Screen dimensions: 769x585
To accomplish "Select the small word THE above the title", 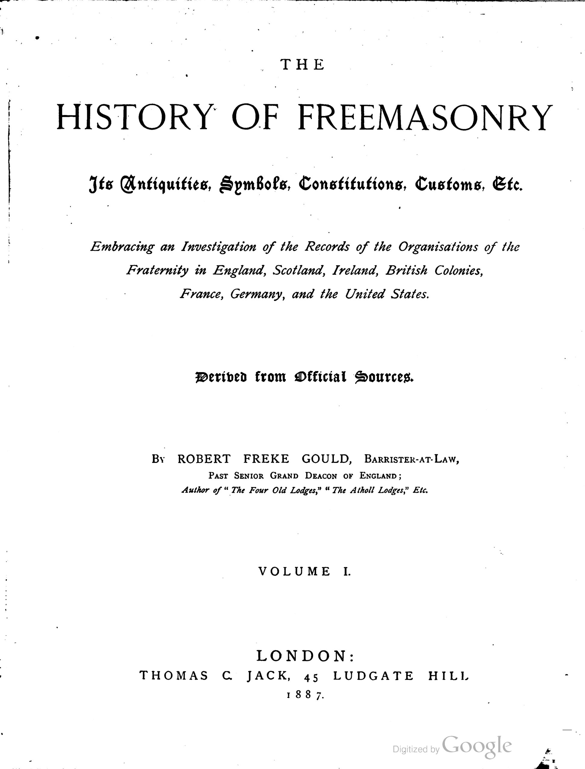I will pos(302,65).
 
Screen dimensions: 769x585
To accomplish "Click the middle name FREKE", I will pos(266,459).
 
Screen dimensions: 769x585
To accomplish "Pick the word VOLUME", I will pos(294,571).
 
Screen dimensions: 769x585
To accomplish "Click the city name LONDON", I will pos(302,656).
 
